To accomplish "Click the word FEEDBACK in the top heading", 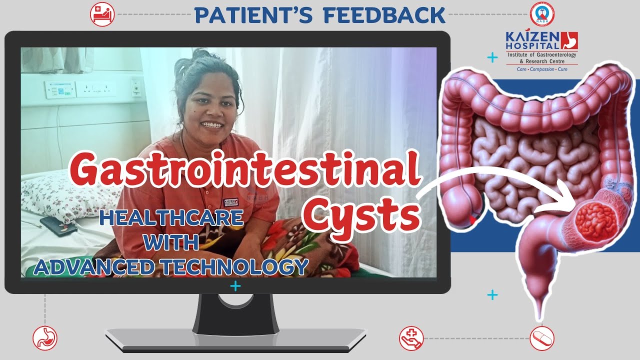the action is pyautogui.click(x=384, y=15).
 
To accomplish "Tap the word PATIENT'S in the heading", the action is pyautogui.click(x=253, y=15).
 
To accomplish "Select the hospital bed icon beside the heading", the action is pyautogui.click(x=102, y=14).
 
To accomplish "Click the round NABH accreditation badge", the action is pyautogui.click(x=542, y=14).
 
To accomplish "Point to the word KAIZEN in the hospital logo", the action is pyautogui.click(x=532, y=36).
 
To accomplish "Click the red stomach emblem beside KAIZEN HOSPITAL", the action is pyautogui.click(x=569, y=40).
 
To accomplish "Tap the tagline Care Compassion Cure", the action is pyautogui.click(x=542, y=69).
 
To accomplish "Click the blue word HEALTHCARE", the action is pyautogui.click(x=171, y=217).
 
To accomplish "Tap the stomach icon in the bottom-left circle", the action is pyautogui.click(x=45, y=338).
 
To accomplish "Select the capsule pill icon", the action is pyautogui.click(x=541, y=338).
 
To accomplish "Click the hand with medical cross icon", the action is pyautogui.click(x=411, y=338).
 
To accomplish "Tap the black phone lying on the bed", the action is pyautogui.click(x=58, y=225).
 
